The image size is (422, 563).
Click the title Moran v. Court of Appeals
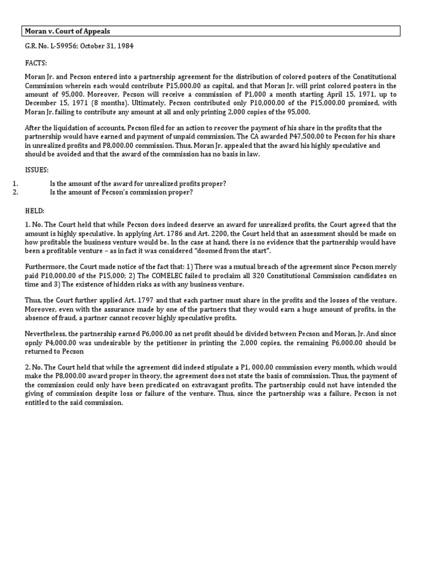(x=68, y=31)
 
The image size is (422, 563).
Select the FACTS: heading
(x=36, y=63)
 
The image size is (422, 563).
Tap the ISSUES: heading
(x=37, y=170)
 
